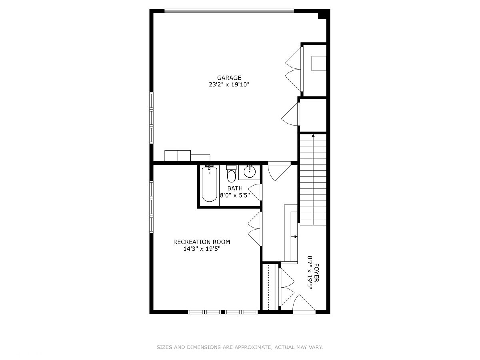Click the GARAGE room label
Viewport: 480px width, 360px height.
[x=229, y=78]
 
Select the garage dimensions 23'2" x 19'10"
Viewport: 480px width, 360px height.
[x=229, y=84]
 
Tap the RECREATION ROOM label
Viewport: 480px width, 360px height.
[x=202, y=242]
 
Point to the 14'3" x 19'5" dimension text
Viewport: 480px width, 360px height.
[x=202, y=249]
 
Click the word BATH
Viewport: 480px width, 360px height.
[x=235, y=188]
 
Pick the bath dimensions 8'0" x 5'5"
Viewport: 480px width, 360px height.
[x=235, y=195]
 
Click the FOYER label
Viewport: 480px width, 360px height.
[x=316, y=273]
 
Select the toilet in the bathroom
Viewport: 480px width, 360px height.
[x=231, y=174]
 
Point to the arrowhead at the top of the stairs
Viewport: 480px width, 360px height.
[x=313, y=136]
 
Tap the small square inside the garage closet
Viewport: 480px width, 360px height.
[x=319, y=63]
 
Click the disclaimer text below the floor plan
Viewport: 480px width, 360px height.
[x=240, y=347]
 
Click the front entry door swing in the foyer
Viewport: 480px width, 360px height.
[x=304, y=302]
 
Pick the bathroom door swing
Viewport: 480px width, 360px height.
[x=254, y=192]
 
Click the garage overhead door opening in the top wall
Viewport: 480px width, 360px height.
[x=229, y=11]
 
